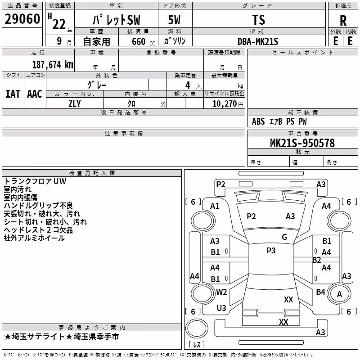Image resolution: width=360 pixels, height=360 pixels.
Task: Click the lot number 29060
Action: (x=22, y=19)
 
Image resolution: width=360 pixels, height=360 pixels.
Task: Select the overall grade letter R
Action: (x=343, y=21)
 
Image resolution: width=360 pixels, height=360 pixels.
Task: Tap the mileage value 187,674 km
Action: (x=53, y=64)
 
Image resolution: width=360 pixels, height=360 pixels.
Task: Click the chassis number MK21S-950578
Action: (x=302, y=143)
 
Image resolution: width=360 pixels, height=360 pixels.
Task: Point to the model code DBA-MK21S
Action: (x=258, y=41)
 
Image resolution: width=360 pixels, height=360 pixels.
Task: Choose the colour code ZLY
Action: (x=75, y=104)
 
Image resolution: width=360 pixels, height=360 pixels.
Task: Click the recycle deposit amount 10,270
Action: (x=224, y=104)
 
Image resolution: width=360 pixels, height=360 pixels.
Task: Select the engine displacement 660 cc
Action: (x=143, y=41)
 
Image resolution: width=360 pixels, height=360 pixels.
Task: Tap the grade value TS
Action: (x=259, y=20)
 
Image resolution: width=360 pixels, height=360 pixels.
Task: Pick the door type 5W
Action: (x=174, y=20)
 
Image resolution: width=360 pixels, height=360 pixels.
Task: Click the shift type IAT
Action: (x=13, y=94)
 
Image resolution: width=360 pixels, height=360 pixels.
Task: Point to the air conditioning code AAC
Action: (x=35, y=94)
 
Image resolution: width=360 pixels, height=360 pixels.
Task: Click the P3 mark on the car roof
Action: (x=271, y=251)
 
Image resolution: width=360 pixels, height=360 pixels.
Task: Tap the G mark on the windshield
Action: (x=284, y=237)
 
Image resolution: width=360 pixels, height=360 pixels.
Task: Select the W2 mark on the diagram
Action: (x=221, y=292)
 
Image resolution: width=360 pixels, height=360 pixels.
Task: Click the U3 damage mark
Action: (x=221, y=308)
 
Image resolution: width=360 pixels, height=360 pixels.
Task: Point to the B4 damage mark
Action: (x=320, y=292)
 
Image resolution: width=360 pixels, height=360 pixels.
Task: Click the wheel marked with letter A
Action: (x=339, y=294)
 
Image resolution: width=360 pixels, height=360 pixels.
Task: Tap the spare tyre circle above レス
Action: (x=197, y=328)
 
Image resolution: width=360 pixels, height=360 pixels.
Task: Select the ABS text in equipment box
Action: (x=258, y=121)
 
